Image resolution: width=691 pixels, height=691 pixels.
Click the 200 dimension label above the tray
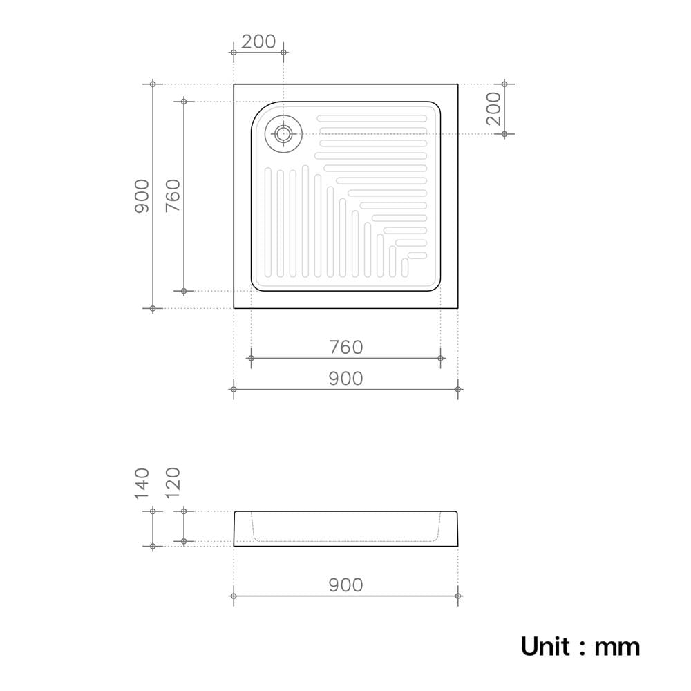point(258,41)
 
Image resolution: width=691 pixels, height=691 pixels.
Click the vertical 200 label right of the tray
point(494,109)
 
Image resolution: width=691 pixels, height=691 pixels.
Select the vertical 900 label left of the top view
point(142,196)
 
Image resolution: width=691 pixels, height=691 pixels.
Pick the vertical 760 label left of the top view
point(173,196)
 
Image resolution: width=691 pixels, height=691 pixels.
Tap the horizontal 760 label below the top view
point(346,348)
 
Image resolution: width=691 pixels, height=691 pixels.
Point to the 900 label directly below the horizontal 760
point(346,379)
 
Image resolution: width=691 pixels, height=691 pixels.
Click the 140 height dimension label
point(142,484)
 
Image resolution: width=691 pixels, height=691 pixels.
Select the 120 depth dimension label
point(173,482)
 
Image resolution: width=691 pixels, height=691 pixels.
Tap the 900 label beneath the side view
point(346,585)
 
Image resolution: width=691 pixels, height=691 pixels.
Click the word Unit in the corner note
point(546,647)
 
